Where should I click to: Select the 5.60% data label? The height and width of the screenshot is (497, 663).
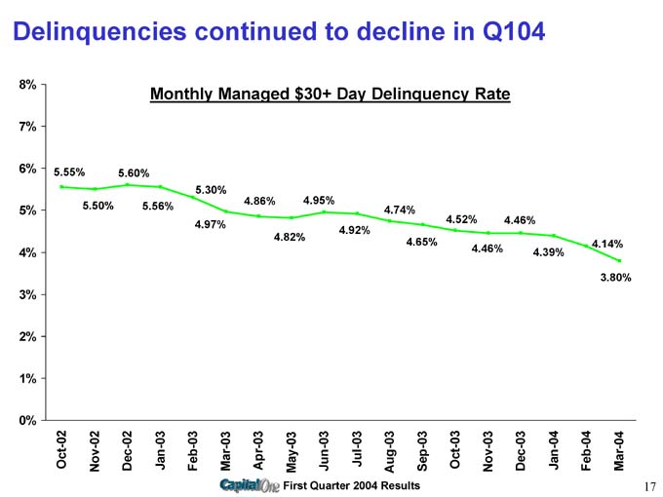point(133,173)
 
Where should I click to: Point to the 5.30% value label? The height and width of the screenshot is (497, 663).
point(212,189)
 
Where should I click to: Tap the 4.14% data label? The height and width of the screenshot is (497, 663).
point(607,244)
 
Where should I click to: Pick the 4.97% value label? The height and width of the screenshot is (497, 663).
point(211,225)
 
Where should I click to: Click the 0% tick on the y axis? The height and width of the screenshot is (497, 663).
point(27,420)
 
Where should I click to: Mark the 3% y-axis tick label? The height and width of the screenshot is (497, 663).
point(27,294)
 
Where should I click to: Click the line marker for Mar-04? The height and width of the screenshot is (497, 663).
point(619,260)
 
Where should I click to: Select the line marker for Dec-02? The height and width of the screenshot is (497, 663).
point(128,184)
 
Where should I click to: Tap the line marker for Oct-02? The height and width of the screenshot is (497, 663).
point(61,186)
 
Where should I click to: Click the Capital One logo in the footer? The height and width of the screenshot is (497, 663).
point(250,485)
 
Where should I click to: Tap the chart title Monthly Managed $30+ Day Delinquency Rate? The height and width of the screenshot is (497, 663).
point(330,95)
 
